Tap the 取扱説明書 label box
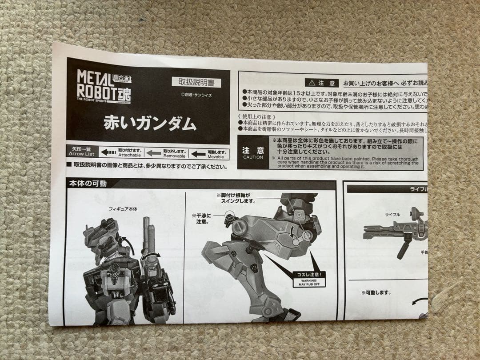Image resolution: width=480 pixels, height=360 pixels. [196, 82]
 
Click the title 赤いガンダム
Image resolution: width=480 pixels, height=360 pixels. [150, 123]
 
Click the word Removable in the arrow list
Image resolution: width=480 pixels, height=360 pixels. [174, 156]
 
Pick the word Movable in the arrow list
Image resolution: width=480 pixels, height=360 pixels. [216, 156]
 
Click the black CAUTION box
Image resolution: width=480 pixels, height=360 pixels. [253, 153]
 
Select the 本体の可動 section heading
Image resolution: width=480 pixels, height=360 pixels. [88, 183]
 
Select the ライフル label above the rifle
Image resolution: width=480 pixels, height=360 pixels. [392, 214]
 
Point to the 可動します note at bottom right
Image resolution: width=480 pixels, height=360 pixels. [376, 292]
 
